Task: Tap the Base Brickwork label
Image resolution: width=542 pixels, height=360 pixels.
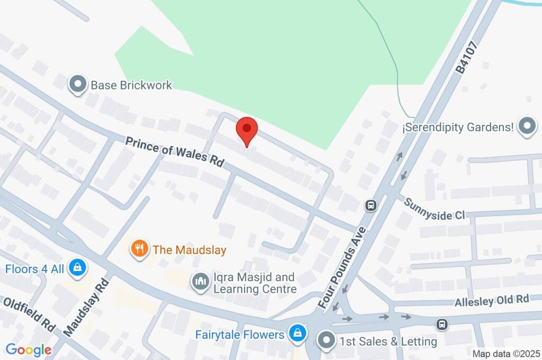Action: coord(131,85)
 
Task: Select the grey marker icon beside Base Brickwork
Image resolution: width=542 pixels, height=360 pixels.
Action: coord(78,84)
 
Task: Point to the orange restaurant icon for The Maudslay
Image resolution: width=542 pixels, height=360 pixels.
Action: coord(140,248)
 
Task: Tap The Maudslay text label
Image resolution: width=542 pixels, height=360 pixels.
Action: coord(189,249)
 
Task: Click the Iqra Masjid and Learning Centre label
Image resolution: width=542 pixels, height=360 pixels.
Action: coord(254,283)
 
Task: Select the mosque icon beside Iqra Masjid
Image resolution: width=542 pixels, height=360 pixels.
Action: coord(201,282)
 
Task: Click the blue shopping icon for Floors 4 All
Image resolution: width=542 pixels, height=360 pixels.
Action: coord(77,268)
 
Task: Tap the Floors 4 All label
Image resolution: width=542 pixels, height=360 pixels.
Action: coord(34,269)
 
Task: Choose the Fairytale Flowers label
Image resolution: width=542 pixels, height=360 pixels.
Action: coord(240,335)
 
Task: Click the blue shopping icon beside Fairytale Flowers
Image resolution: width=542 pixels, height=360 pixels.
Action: coord(297,334)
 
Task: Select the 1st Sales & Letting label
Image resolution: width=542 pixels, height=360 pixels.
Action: coord(388,341)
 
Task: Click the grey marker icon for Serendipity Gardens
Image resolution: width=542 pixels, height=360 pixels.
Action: coord(527,127)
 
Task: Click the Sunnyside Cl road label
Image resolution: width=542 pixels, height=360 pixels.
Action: coord(434,209)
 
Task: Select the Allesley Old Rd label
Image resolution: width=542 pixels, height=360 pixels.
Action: coord(492,300)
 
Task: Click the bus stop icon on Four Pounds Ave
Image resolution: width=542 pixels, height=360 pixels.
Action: coord(371,205)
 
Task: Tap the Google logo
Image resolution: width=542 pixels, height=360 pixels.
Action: coord(29,349)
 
